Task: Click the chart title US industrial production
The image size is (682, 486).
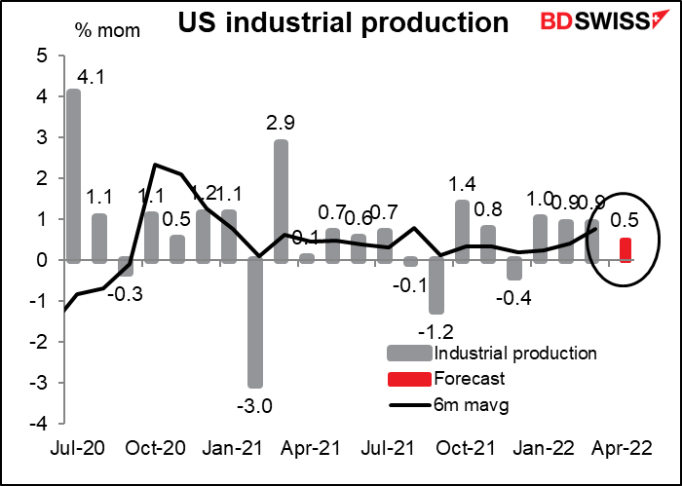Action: (330, 21)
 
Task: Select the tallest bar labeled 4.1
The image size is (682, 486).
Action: (74, 175)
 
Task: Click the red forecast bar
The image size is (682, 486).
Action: (625, 250)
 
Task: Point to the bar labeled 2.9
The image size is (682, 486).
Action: (281, 201)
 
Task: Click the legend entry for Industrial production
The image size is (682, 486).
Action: (503, 353)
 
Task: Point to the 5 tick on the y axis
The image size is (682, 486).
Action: (42, 56)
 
